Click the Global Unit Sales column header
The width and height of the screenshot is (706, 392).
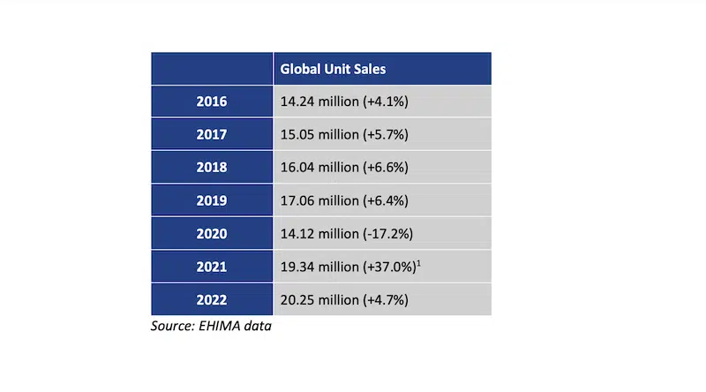click(333, 69)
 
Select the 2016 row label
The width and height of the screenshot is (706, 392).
click(212, 102)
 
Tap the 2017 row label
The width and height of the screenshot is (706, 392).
click(212, 134)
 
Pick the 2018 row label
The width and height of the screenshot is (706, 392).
click(212, 167)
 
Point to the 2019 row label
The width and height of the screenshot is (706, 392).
click(212, 200)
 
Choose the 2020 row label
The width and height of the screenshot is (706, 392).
click(212, 234)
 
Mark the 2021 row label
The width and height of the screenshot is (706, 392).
click(212, 267)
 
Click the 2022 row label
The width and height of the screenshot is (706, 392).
click(212, 299)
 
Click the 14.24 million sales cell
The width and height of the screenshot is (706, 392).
click(343, 102)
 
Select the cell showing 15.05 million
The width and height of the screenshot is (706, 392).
click(343, 134)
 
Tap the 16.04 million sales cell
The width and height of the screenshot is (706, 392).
click(343, 167)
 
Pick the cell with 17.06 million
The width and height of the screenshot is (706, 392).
click(343, 200)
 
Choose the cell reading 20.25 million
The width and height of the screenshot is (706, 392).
click(343, 299)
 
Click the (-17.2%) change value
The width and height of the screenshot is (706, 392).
click(388, 234)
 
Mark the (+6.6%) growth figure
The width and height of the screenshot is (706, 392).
click(386, 167)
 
